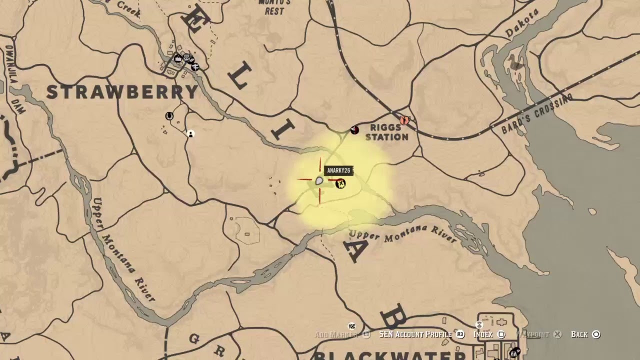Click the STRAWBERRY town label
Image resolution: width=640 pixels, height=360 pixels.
click(x=122, y=92)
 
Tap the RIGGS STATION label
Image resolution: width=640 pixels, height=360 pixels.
click(x=386, y=132)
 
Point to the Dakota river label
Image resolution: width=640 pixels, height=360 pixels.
click(x=522, y=23)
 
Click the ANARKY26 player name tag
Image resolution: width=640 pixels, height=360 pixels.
click(x=338, y=170)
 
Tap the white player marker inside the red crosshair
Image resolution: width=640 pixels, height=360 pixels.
click(x=319, y=180)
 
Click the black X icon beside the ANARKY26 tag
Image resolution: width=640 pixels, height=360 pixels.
click(x=340, y=184)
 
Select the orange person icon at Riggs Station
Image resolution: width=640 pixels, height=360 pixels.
click(x=404, y=120)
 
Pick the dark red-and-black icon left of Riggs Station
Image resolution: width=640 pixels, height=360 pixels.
click(x=354, y=130)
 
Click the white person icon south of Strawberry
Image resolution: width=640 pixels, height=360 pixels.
click(x=190, y=133)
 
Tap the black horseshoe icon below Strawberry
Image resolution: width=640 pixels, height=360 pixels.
click(x=169, y=116)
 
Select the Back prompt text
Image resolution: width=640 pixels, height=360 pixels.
click(x=579, y=334)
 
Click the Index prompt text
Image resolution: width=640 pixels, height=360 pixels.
click(x=483, y=334)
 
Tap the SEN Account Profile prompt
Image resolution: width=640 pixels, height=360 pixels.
click(x=415, y=334)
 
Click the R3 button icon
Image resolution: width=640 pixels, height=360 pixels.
click(x=460, y=334)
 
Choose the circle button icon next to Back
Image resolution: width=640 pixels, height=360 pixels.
click(x=595, y=334)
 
